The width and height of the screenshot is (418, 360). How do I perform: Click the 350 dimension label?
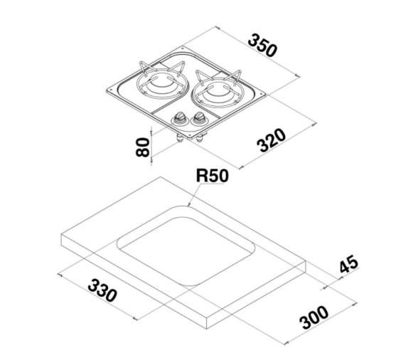point(262,45)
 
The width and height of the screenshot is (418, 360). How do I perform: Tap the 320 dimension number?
point(271,140)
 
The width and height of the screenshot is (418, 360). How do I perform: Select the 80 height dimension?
point(143,147)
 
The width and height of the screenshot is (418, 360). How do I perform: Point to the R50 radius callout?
point(212,176)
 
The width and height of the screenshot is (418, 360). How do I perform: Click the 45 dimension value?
point(349,264)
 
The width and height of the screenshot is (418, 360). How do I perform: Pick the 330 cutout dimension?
point(102,290)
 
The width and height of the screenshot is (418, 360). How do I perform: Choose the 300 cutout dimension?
point(313,317)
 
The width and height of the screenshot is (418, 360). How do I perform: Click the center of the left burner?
point(161,83)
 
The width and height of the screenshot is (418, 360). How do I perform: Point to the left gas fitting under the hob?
point(178,139)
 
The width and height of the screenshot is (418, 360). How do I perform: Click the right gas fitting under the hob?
point(199,139)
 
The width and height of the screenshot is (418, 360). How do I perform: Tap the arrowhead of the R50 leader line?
point(189,206)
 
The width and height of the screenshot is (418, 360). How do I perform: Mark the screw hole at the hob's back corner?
point(182,48)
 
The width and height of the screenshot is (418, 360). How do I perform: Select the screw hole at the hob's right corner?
point(262,94)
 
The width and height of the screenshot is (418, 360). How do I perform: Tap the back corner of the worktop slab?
point(161,176)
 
